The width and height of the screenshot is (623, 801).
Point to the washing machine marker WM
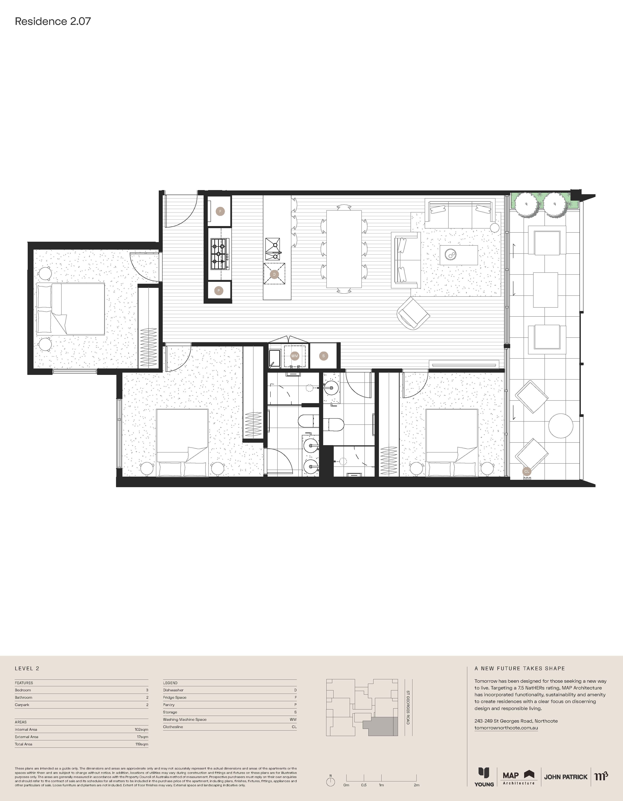pyautogui.click(x=294, y=356)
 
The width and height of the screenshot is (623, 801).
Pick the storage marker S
pyautogui.click(x=323, y=356)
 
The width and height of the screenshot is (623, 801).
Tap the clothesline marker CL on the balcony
pyautogui.click(x=527, y=471)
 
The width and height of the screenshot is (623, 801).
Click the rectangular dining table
pyautogui.click(x=344, y=249)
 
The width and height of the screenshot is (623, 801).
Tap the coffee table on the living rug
pyautogui.click(x=459, y=255)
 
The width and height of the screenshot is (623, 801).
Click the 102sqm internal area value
pyautogui.click(x=142, y=729)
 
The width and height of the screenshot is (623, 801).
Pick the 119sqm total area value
pyautogui.click(x=142, y=744)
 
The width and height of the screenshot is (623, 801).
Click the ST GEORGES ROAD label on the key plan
pyautogui.click(x=407, y=708)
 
